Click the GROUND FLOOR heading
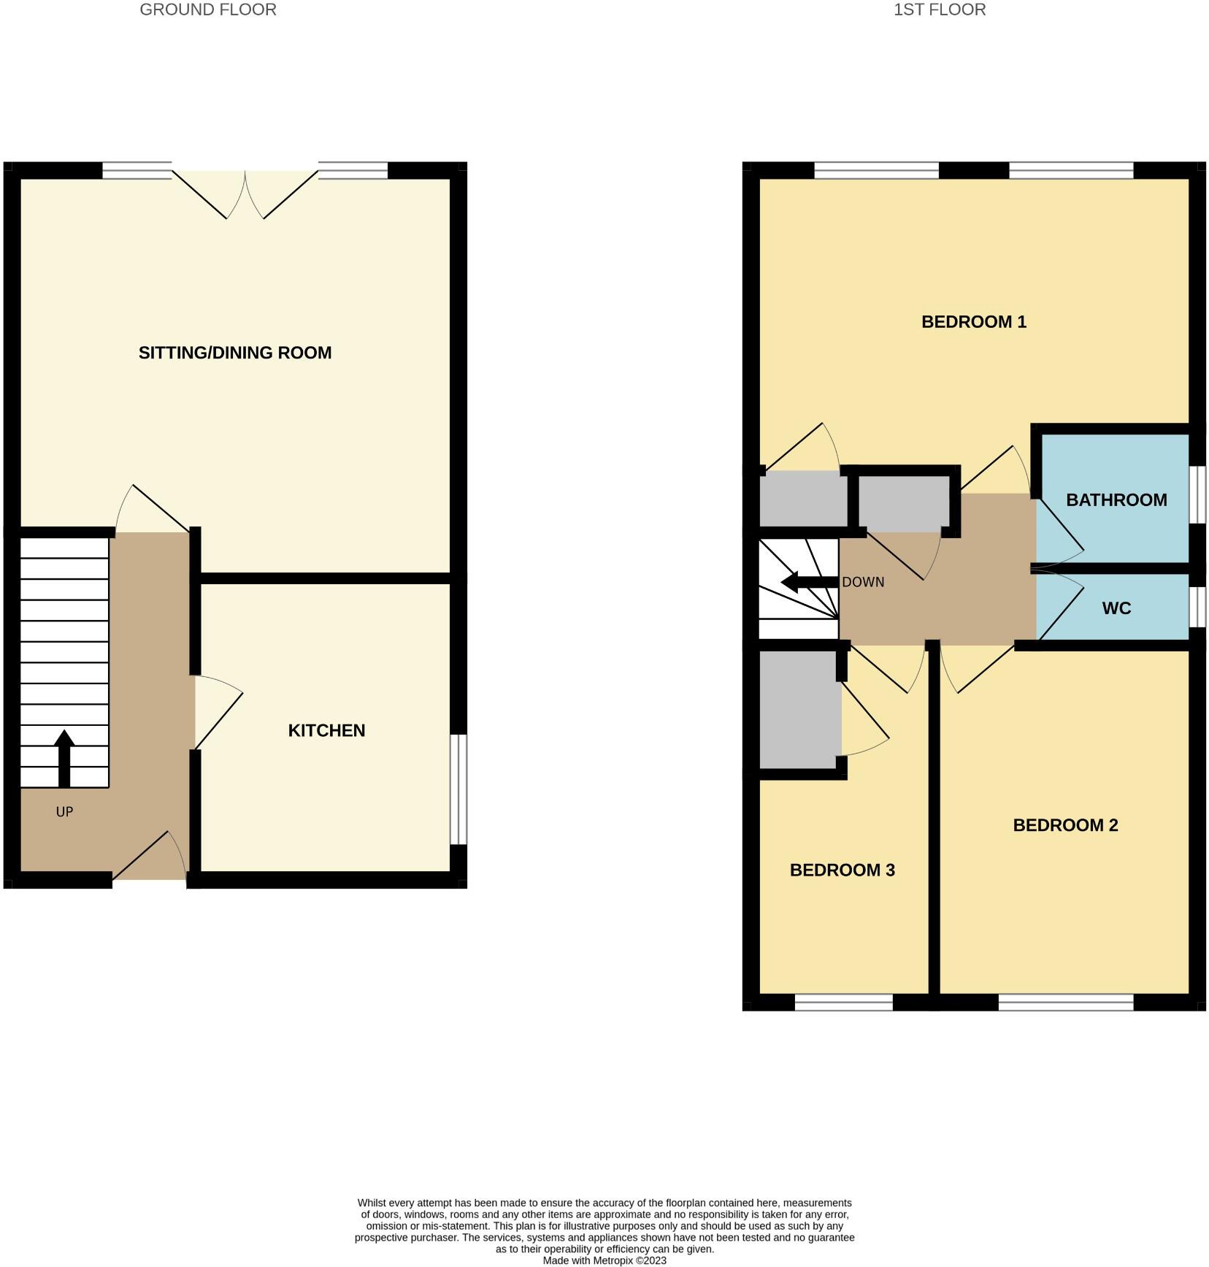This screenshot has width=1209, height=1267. coord(208,10)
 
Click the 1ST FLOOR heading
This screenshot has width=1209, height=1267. coord(940,10)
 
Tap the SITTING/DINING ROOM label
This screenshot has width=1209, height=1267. coord(235,353)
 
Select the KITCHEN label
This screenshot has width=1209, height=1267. coord(326,730)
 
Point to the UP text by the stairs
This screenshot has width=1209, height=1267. coord(64,811)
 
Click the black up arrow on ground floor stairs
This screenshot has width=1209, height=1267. coord(64,758)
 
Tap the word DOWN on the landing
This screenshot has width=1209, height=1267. coord(863,582)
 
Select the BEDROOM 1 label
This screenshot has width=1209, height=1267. coord(973,322)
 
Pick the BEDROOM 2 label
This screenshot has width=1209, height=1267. coord(1065,825)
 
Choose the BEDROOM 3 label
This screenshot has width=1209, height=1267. coord(842,870)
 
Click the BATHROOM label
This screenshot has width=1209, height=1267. coord(1116,500)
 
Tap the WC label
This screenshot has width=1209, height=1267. coord(1116,608)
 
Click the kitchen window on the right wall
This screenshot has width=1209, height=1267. coord(458,789)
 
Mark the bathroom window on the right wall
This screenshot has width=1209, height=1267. coord(1197,494)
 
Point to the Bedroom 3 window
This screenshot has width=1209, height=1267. coord(843,1002)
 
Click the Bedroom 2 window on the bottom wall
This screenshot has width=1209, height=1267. coord(1065,1002)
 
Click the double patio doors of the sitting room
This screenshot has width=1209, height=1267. coord(245,194)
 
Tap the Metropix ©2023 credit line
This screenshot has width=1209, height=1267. coord(604,1260)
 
